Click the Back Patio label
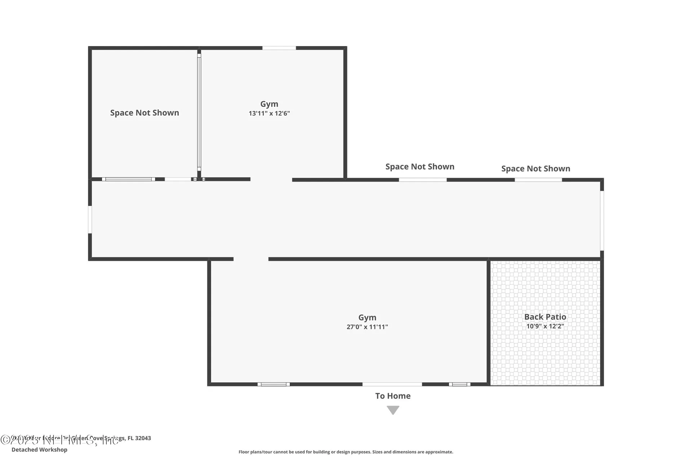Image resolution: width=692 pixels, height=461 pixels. [x=545, y=317]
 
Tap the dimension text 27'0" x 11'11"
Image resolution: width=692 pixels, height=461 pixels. [x=367, y=327]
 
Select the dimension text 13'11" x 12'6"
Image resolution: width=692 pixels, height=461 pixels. [x=269, y=113]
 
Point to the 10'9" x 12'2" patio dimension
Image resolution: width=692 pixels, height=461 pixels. [x=545, y=326]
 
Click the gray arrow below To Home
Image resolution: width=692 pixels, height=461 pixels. [x=393, y=410]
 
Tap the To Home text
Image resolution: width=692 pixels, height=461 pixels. [x=393, y=396]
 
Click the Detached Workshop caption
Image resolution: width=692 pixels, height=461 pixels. [x=39, y=450]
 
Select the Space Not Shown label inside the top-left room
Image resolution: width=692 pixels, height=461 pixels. [x=145, y=113]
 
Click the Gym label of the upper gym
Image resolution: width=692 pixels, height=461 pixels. [x=269, y=104]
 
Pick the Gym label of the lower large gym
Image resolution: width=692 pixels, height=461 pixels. [x=367, y=318]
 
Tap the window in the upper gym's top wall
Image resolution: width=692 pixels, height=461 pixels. [x=279, y=48]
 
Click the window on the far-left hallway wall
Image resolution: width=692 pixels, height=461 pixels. [x=90, y=219]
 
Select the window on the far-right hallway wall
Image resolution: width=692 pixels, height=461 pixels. [x=602, y=220]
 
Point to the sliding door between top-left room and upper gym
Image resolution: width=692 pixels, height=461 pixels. [x=199, y=112]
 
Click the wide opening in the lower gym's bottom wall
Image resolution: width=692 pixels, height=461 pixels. [x=392, y=384]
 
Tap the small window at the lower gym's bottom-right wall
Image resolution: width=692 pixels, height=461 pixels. [x=460, y=384]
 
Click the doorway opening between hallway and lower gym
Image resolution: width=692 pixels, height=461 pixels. [x=251, y=259]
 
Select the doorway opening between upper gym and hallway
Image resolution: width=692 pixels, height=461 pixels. [x=271, y=179]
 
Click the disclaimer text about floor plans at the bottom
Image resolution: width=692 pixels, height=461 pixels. [x=346, y=452]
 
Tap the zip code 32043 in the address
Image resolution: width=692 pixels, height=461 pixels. [x=143, y=438]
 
